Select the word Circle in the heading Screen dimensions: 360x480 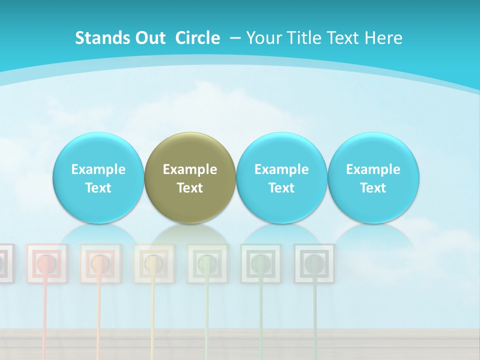pyautogui.click(x=197, y=38)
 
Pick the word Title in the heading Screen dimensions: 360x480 pyautogui.click(x=303, y=38)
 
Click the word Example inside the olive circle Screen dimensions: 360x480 pyautogui.click(x=189, y=169)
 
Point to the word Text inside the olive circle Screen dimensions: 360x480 pyautogui.click(x=189, y=188)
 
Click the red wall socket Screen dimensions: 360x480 pyautogui.click(x=46, y=263)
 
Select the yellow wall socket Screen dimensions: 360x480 pyautogui.click(x=154, y=263)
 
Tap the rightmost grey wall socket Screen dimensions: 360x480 pyautogui.click(x=314, y=263)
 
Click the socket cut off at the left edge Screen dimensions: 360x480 pyautogui.click(x=4, y=263)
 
